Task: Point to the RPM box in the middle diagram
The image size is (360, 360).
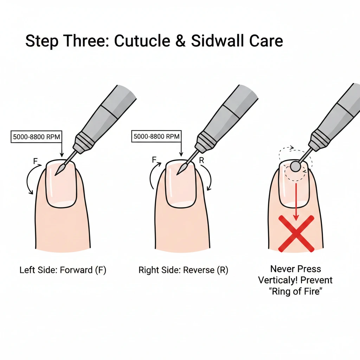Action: [156, 136]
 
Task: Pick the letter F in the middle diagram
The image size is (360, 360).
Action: [154, 160]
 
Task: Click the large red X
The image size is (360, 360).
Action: [296, 234]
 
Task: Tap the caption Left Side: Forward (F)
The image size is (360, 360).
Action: [63, 270]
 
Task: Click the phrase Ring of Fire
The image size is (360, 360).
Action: [296, 291]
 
